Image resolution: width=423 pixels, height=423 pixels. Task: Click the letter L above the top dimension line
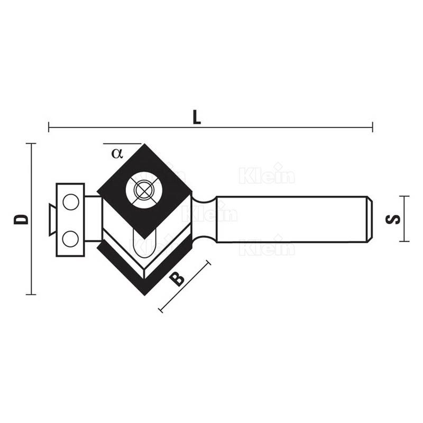click(x=196, y=118)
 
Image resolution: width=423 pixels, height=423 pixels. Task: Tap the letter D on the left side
click(x=21, y=219)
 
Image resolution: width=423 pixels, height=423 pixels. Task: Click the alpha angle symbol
click(x=117, y=153)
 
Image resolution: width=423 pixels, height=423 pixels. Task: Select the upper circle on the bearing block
click(x=70, y=201)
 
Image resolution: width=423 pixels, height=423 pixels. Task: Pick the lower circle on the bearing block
click(x=70, y=239)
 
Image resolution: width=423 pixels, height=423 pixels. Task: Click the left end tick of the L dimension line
click(x=49, y=127)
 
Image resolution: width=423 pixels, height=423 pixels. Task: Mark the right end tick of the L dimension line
click(x=372, y=127)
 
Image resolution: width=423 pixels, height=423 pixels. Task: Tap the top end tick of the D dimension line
click(x=31, y=143)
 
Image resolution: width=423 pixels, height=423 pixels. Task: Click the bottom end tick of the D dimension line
click(x=31, y=294)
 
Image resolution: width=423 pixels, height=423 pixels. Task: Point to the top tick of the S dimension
click(x=404, y=196)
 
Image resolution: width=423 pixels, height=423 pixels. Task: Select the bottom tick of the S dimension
click(x=404, y=241)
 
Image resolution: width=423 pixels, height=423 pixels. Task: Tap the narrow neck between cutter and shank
click(x=204, y=218)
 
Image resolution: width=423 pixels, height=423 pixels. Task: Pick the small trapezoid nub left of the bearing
click(x=51, y=219)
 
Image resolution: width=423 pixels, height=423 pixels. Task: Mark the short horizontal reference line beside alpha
click(x=122, y=143)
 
